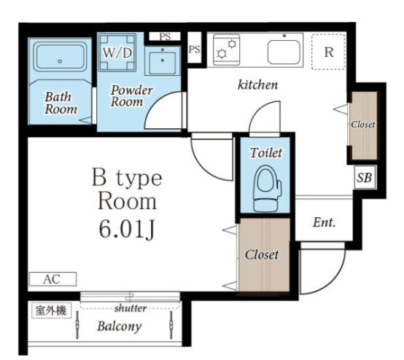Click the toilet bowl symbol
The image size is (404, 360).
point(267,188)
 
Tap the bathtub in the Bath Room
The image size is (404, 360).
point(60,58)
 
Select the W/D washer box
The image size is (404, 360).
point(117,52)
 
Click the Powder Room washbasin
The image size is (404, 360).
point(163,60)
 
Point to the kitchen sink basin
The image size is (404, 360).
point(284,52)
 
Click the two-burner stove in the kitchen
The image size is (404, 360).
point(227,50)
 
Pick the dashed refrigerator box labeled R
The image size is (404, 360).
point(328,52)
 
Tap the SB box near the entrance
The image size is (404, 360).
point(365,177)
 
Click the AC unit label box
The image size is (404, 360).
point(53,279)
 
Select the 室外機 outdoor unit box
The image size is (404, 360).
point(51,310)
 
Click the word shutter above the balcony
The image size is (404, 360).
point(131,308)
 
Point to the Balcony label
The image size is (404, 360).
point(120,326)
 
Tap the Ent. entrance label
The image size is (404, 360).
point(324,222)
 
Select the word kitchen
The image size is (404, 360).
point(257,85)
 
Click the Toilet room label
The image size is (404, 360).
point(266,153)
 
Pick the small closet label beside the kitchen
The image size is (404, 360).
point(363,125)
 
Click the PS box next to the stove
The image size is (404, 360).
point(194,49)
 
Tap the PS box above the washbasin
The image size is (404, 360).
point(165,36)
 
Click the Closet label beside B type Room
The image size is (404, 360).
point(262,254)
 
